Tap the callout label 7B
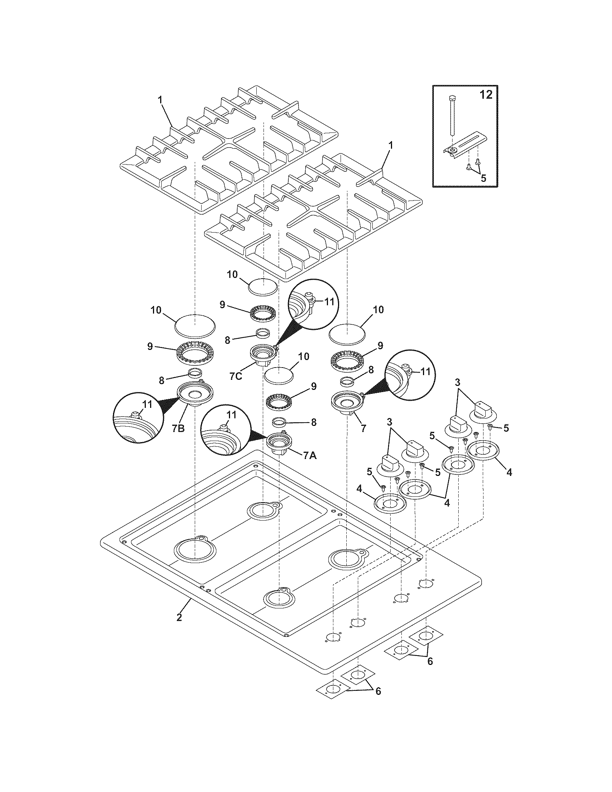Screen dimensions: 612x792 click(x=178, y=428)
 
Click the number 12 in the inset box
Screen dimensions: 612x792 click(x=486, y=95)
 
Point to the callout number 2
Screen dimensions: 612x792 click(x=179, y=617)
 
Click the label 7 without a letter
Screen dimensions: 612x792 click(x=363, y=428)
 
